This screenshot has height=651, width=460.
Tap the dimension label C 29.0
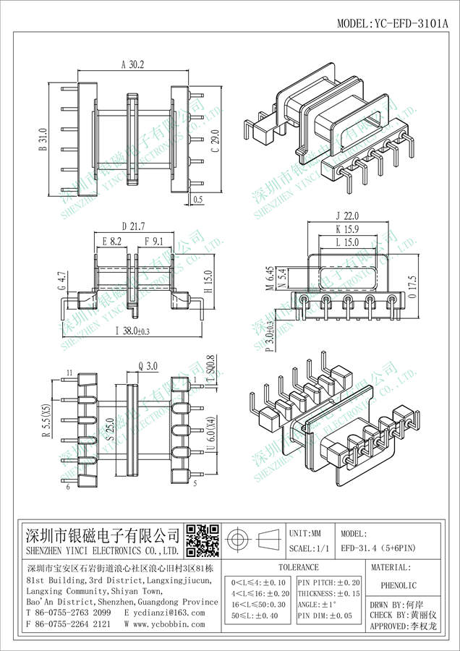pos(214,137)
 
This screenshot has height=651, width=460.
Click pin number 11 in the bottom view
pos(69,373)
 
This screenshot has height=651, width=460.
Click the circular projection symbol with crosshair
pos(238,540)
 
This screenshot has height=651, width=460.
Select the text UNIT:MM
pos(306,533)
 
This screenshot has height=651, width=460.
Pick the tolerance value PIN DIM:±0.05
pos(329,616)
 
